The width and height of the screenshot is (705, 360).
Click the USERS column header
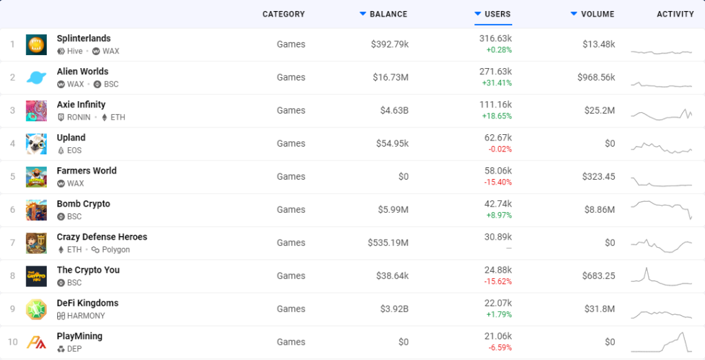[497, 14]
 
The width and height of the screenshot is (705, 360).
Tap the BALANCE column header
[388, 14]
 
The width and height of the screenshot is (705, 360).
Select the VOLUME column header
[598, 14]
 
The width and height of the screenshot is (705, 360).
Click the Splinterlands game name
[83, 39]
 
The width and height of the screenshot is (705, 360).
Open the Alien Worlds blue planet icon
[36, 78]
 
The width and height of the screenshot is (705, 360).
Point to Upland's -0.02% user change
[499, 149]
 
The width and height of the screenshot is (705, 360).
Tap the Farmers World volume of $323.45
[598, 177]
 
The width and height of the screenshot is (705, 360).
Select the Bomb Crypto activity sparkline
[662, 209]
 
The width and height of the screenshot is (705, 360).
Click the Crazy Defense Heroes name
[102, 237]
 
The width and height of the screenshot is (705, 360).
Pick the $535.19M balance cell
[388, 243]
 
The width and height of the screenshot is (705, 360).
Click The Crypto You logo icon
[36, 276]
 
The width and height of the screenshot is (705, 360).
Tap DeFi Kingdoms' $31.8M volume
[600, 309]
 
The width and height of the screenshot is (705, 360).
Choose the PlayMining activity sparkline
[662, 342]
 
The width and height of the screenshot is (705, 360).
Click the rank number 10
[12, 342]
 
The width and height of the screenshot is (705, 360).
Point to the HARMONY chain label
[86, 316]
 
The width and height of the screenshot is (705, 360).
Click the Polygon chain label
[116, 249]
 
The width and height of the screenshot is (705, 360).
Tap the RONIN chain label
[78, 117]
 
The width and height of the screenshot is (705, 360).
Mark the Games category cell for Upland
[291, 143]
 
